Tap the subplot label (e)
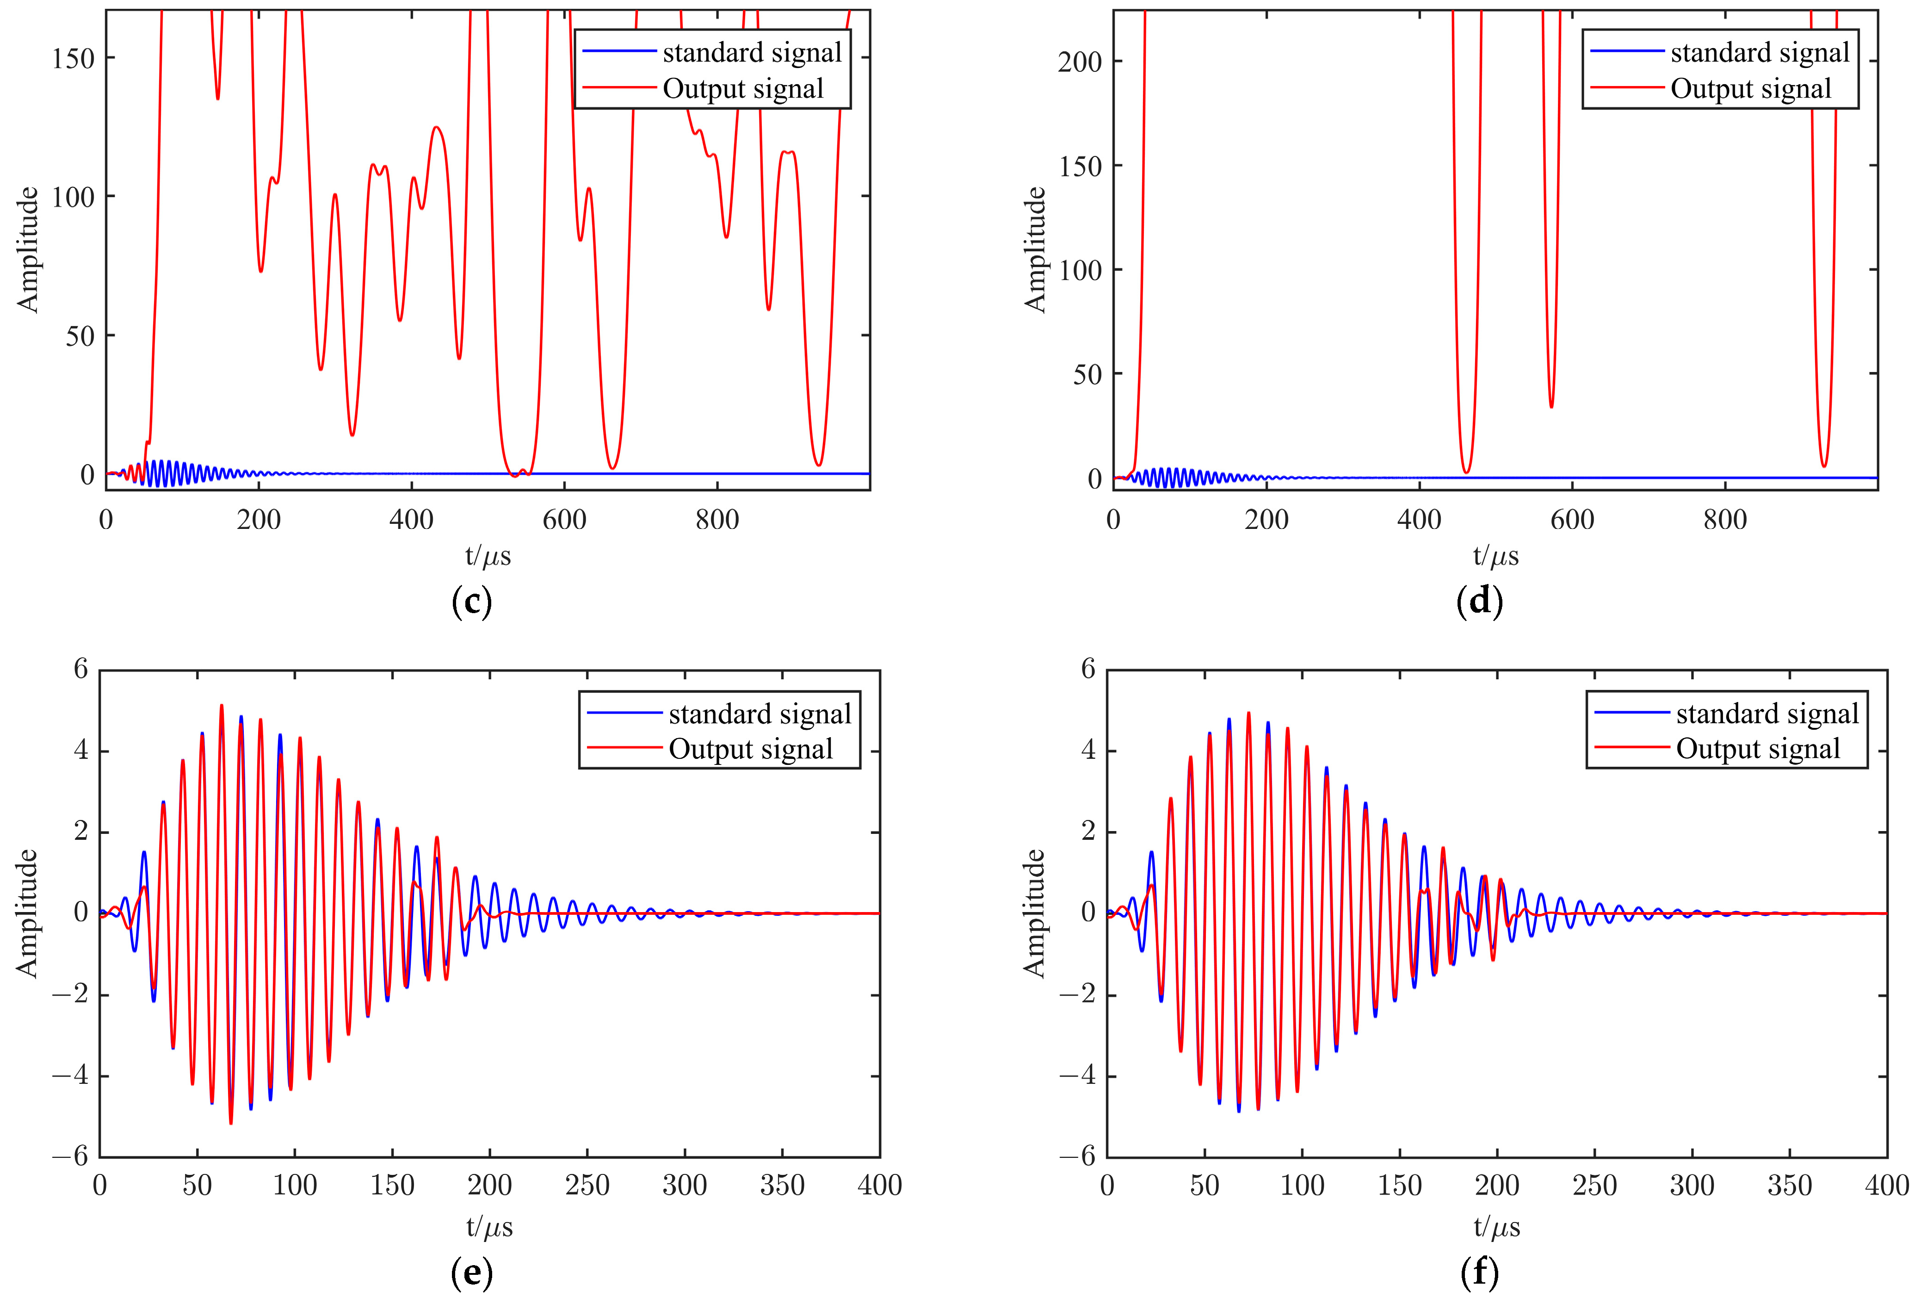click(x=472, y=1273)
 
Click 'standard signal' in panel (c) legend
click(x=751, y=53)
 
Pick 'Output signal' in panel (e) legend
click(x=750, y=749)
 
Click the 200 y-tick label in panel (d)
click(x=1080, y=62)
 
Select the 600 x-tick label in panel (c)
click(x=565, y=520)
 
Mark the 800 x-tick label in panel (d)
click(x=1725, y=520)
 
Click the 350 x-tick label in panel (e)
click(x=782, y=1186)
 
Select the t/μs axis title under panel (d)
click(x=1495, y=556)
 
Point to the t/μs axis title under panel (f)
click(x=1496, y=1226)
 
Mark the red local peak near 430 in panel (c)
click(x=437, y=126)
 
